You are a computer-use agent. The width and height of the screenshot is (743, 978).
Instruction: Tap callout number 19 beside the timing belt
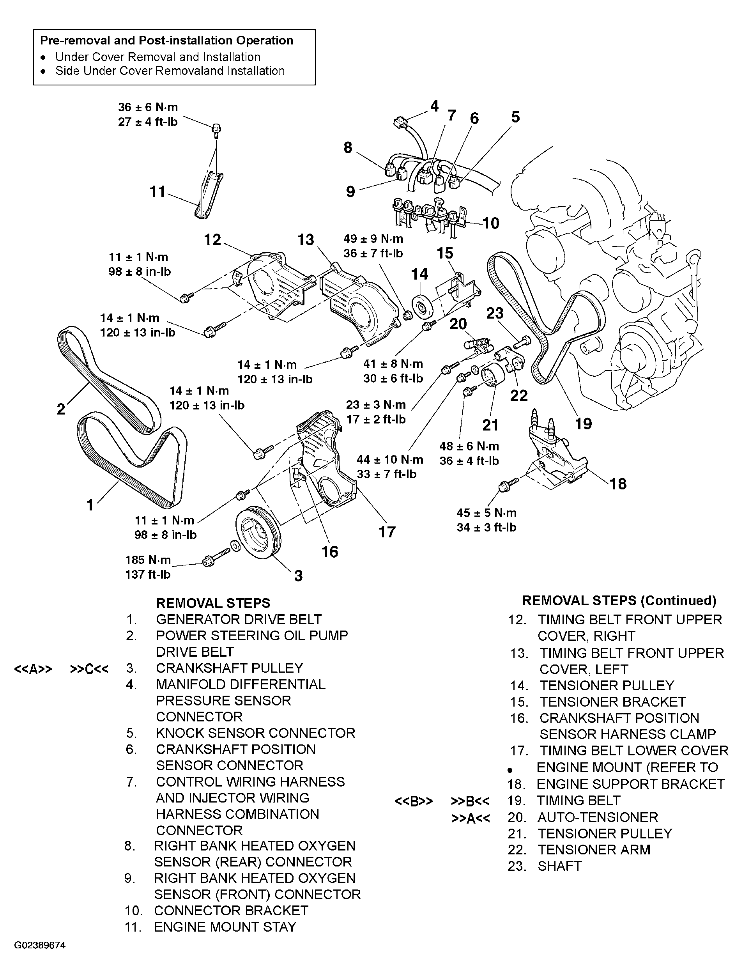pos(583,424)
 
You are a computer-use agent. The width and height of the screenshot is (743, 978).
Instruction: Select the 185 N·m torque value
pos(148,560)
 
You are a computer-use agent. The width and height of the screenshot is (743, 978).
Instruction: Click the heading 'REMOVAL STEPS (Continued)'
pos(619,600)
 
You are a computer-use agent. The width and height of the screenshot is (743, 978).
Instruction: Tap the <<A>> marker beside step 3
pos(33,669)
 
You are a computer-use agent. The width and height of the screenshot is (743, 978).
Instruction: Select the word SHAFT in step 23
pos(559,866)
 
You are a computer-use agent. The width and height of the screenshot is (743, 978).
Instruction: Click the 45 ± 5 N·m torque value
pos(486,513)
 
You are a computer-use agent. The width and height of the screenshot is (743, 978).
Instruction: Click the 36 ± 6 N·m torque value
pos(148,107)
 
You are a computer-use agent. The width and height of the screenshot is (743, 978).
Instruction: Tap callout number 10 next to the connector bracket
pos(490,223)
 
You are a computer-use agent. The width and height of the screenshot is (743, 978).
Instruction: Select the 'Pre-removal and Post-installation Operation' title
pos(167,40)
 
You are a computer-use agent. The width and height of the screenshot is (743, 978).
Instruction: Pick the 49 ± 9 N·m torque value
pos(373,239)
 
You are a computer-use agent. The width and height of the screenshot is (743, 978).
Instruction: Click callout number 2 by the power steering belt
pos(61,409)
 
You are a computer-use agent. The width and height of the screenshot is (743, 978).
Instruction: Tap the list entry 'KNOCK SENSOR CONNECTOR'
pos(256,733)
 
